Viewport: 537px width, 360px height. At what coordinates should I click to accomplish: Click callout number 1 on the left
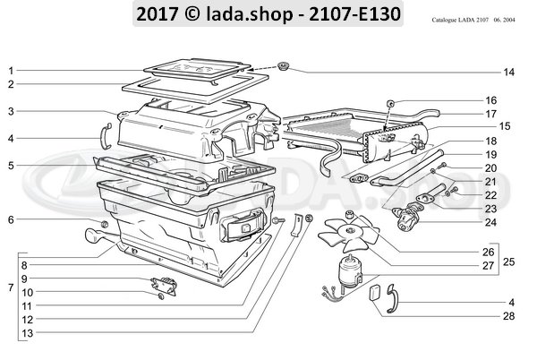(11, 70)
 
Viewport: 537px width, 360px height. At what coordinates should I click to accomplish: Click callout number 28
(508, 315)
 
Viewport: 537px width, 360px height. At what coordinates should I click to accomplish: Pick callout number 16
(490, 100)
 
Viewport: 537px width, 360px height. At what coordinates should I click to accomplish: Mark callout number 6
(11, 219)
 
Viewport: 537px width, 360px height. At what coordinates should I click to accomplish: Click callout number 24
(490, 220)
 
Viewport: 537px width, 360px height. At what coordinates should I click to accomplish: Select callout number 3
(11, 112)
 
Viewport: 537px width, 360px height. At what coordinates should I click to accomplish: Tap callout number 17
(490, 114)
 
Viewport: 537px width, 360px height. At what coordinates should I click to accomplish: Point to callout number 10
(27, 293)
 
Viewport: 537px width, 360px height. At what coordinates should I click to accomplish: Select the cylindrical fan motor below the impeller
(349, 267)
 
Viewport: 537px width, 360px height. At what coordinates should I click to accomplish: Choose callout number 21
(490, 181)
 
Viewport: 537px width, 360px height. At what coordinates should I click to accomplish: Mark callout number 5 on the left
(11, 166)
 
